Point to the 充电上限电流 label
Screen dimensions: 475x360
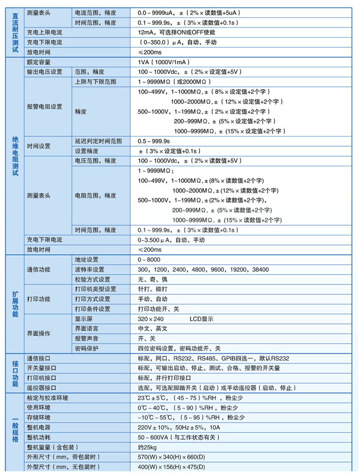44,32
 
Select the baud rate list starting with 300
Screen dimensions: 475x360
203,269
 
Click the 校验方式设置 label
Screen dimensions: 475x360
92,279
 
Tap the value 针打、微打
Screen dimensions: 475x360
153,289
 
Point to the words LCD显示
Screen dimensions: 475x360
201,318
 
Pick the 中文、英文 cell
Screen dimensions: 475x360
153,328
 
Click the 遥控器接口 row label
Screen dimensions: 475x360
42,388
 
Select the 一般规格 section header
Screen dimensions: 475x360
15,432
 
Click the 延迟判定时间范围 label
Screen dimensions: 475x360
98,141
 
